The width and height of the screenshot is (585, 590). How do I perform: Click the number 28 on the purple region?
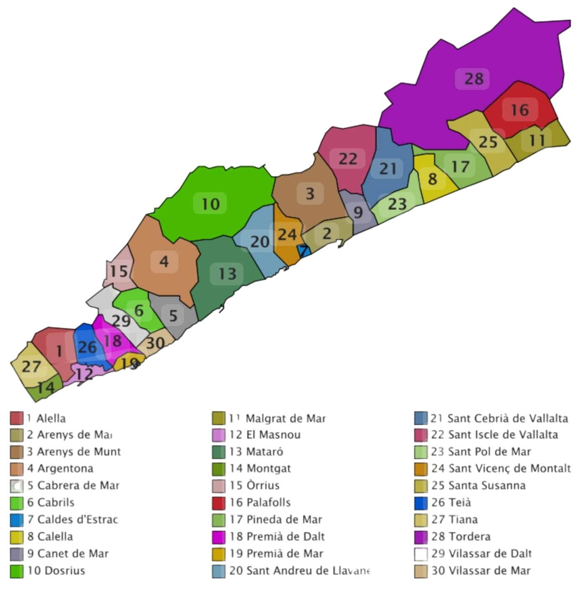coord(473,79)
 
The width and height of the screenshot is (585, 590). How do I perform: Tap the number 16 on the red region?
coord(520,110)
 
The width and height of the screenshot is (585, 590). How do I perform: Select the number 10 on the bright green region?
coord(210,204)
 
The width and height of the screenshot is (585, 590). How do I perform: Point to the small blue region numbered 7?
coord(304,251)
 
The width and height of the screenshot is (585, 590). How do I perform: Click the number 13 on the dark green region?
coord(227,274)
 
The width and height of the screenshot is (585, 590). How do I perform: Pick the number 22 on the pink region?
coord(348,159)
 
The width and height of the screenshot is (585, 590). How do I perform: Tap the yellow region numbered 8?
coord(432,179)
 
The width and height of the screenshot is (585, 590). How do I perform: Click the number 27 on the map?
coord(31,366)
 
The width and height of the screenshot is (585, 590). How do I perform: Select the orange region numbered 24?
coord(287,234)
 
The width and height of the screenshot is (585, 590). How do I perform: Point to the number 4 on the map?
coord(164,262)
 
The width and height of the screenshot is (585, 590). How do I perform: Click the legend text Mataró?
coord(264,452)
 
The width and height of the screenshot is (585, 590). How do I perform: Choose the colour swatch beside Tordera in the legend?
coord(421,537)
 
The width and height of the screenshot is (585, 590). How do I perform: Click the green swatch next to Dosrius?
coord(17,571)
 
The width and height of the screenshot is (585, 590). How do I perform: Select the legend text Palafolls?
coord(268,502)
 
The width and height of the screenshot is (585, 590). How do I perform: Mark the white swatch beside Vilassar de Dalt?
coord(421,554)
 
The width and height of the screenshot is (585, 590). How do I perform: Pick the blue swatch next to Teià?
coord(421,503)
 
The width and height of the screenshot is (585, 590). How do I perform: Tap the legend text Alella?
coord(51,418)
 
